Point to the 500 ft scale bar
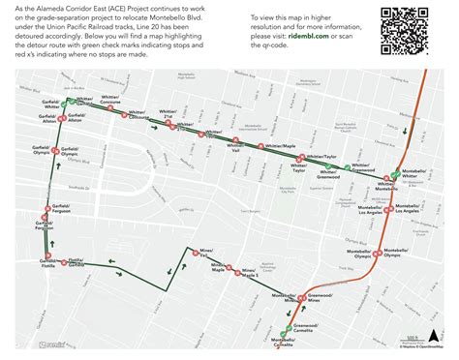click(413, 341)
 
